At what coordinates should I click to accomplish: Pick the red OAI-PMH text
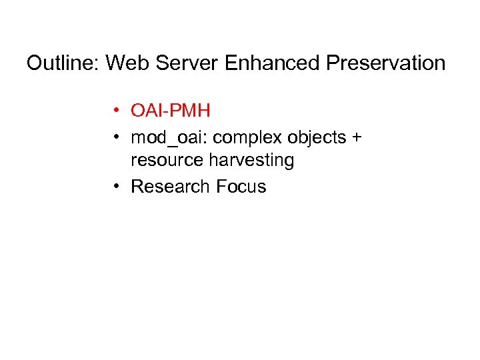[171, 110]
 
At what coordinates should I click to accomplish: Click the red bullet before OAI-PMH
[116, 111]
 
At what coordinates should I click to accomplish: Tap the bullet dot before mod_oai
[116, 138]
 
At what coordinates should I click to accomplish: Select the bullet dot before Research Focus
[116, 187]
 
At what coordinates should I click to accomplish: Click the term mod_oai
[160, 138]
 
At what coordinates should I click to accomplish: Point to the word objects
[309, 138]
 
